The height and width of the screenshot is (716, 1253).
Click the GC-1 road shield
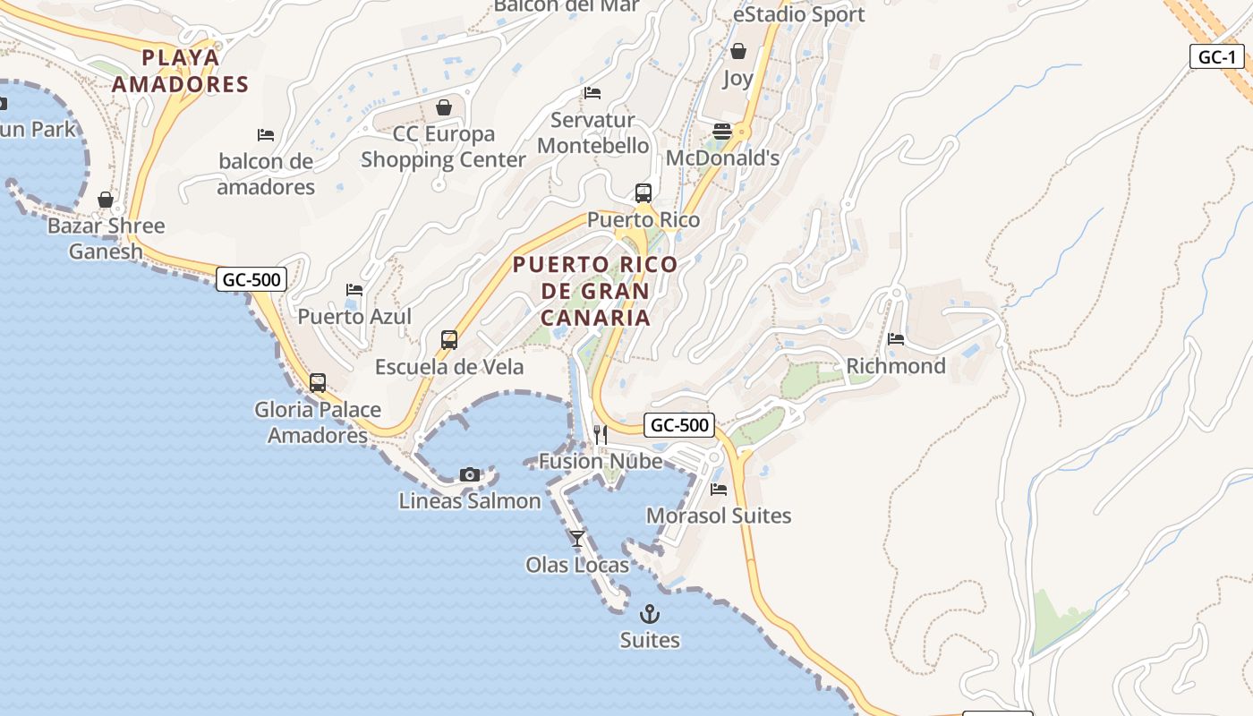(1217, 57)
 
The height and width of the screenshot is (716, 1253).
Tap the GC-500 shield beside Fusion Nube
(679, 425)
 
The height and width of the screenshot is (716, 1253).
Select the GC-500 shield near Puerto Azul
(251, 279)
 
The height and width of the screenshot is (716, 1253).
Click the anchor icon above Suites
(650, 614)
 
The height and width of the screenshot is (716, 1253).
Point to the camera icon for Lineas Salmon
(470, 474)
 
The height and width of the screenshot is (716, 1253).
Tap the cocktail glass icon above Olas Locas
(577, 538)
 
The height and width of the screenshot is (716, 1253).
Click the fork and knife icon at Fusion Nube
(601, 435)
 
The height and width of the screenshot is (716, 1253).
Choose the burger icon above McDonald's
(722, 132)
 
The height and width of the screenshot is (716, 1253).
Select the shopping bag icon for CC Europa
(444, 107)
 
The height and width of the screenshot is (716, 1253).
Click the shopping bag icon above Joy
(738, 51)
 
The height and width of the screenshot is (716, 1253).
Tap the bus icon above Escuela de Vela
(449, 340)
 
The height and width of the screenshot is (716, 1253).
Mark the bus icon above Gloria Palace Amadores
(318, 383)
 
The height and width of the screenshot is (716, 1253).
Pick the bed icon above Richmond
(896, 339)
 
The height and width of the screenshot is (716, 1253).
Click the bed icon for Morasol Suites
(719, 490)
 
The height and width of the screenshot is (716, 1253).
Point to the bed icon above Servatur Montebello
(592, 93)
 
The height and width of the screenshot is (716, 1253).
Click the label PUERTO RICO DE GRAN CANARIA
(595, 291)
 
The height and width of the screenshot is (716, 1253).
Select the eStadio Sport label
(799, 14)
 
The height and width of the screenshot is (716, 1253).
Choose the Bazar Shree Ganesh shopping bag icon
(106, 200)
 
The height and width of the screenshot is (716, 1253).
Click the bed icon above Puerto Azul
(354, 290)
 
